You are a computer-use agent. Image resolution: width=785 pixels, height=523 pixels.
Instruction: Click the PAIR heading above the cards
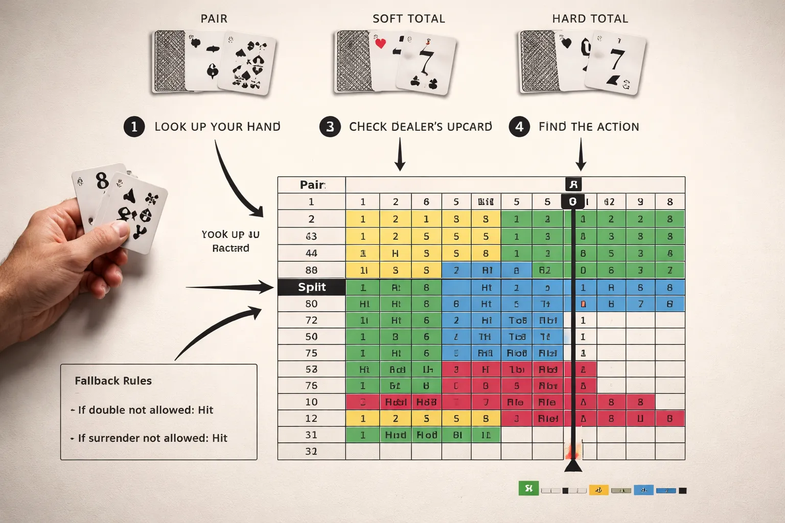click(x=214, y=19)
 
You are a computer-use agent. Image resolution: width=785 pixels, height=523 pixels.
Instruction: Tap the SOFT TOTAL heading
click(x=408, y=19)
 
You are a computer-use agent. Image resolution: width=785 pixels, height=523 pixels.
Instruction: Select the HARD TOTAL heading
click(x=590, y=19)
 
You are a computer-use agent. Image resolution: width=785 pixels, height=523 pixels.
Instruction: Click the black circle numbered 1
click(x=134, y=127)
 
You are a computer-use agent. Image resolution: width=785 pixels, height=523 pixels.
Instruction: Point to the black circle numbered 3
click(x=330, y=127)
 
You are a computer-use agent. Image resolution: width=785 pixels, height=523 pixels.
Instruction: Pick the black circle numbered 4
click(x=519, y=127)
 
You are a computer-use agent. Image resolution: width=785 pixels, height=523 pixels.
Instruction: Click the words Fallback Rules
click(x=113, y=381)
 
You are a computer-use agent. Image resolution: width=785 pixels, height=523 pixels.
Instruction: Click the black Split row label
click(x=312, y=287)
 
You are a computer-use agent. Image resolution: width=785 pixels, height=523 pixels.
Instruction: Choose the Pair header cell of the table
click(x=312, y=184)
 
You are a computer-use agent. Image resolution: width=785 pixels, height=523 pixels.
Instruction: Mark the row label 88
click(x=311, y=270)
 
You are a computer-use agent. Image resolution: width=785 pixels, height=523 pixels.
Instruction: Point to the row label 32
click(x=311, y=451)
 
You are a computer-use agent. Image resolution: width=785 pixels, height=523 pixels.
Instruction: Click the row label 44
click(x=311, y=253)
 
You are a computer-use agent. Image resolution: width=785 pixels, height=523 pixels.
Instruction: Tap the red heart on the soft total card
click(x=380, y=43)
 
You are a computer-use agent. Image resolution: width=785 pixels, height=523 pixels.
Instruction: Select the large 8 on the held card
click(x=102, y=181)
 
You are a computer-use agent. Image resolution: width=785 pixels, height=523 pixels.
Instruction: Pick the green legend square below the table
click(x=528, y=489)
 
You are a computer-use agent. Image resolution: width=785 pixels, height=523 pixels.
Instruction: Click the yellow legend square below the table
click(x=598, y=490)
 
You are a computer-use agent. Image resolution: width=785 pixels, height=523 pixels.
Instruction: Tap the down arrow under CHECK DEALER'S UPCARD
click(x=400, y=156)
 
